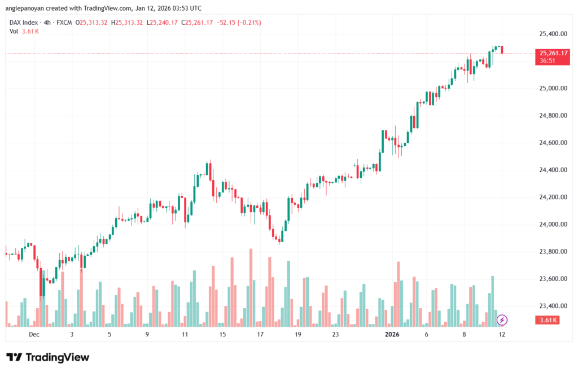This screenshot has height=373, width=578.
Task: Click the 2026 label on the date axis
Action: [x=392, y=335]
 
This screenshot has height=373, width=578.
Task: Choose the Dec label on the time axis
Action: [x=34, y=335]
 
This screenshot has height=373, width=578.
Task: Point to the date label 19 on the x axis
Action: [x=298, y=335]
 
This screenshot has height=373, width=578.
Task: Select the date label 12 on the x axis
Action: [x=501, y=335]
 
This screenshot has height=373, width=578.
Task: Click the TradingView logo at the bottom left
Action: [x=47, y=357]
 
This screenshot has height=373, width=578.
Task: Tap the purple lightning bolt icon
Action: [x=502, y=320]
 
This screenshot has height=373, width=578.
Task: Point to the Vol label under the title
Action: [x=14, y=31]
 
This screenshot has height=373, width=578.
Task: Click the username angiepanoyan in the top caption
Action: [x=30, y=8]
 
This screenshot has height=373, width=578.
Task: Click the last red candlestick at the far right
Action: [x=502, y=50]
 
